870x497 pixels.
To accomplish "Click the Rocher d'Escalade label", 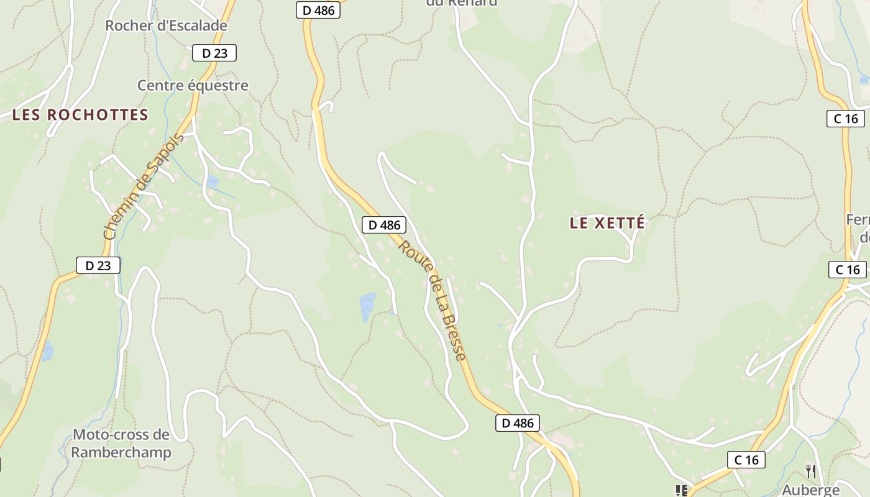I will click(x=166, y=26).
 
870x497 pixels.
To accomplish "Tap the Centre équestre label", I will click(x=193, y=86).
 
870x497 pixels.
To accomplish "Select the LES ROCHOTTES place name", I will click(x=80, y=115).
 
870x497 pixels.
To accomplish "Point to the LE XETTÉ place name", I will click(x=607, y=224).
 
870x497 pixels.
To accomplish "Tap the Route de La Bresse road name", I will click(x=432, y=301).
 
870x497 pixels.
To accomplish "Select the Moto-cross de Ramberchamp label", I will click(x=121, y=443).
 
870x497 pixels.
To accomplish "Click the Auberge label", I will click(x=810, y=490).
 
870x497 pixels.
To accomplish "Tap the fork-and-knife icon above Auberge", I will click(x=810, y=472).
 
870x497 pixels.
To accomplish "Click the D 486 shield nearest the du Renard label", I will click(x=318, y=10).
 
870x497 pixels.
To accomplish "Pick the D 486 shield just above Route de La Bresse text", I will click(x=384, y=225).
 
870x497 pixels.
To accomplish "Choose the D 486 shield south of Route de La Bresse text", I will click(x=517, y=423).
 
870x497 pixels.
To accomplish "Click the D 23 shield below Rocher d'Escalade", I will click(x=214, y=53).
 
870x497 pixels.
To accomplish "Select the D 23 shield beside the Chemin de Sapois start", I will click(x=98, y=265).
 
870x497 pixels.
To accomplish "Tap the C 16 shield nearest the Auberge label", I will click(x=746, y=460).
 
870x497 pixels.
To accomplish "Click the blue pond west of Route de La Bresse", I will click(x=367, y=306).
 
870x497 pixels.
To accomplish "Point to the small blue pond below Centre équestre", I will click(x=212, y=181).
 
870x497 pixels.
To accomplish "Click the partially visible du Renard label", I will click(x=462, y=3).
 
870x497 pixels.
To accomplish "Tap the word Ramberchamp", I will click(x=121, y=452).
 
